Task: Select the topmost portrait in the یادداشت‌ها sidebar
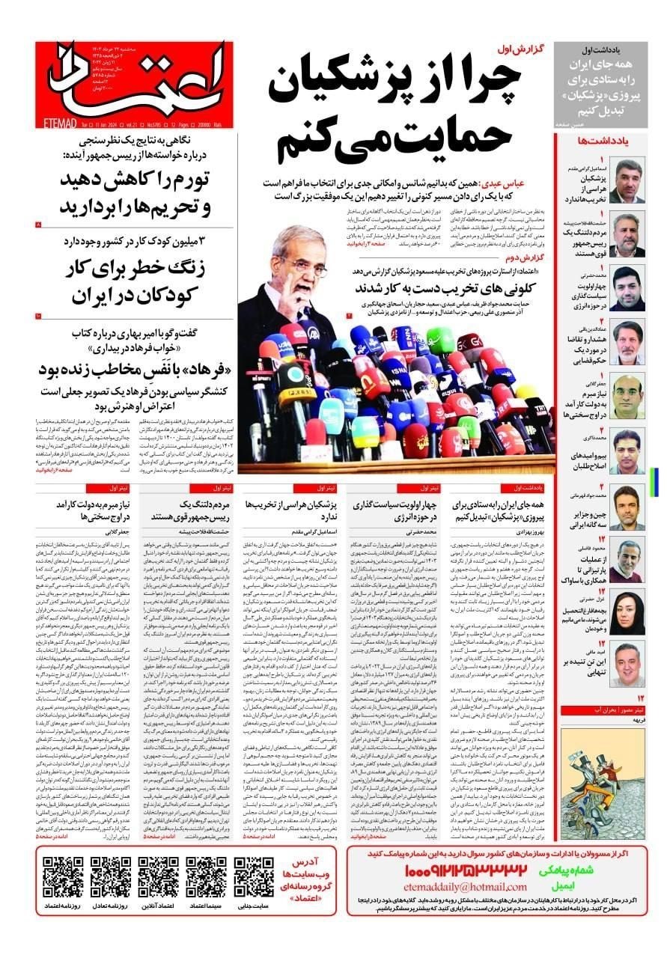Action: pyautogui.click(x=626, y=180)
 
